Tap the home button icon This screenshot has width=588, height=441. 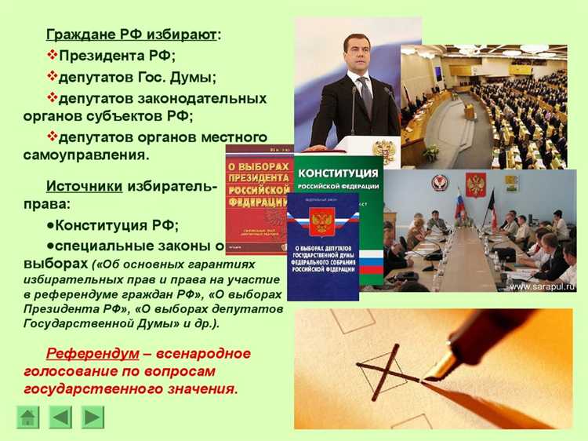tap(28, 417)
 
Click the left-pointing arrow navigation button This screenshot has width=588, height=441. tap(60, 417)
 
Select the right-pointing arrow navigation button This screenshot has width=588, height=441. tap(93, 417)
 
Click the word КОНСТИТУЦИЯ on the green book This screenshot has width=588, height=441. tap(339, 173)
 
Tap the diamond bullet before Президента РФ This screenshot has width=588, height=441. tap(53, 56)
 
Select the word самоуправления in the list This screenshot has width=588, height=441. tap(85, 155)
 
